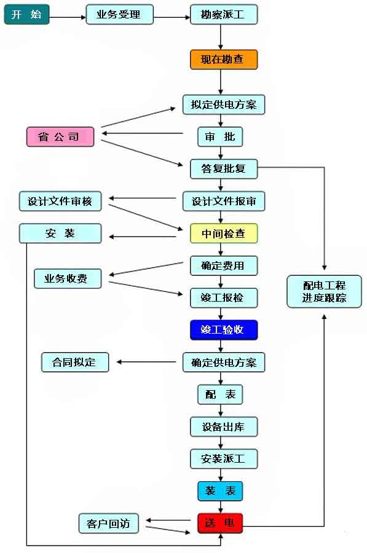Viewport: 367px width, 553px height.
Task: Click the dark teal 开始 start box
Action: click(x=26, y=14)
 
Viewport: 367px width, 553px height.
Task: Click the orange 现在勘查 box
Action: click(x=223, y=60)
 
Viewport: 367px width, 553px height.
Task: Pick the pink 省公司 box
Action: click(x=60, y=136)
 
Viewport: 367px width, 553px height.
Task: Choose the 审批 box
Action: click(x=219, y=136)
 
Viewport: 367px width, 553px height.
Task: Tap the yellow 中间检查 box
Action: click(x=223, y=233)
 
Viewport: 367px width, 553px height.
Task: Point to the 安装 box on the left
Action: click(x=60, y=233)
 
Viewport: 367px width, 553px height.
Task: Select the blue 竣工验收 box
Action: click(x=223, y=330)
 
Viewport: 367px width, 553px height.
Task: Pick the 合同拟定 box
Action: click(x=75, y=362)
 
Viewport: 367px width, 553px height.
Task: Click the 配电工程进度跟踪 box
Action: click(x=324, y=292)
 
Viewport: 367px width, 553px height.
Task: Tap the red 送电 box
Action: click(x=220, y=524)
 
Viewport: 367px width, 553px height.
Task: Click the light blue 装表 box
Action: click(x=220, y=491)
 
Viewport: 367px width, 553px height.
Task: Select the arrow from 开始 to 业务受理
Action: click(x=67, y=17)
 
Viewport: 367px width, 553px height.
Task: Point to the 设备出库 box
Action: click(x=223, y=426)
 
